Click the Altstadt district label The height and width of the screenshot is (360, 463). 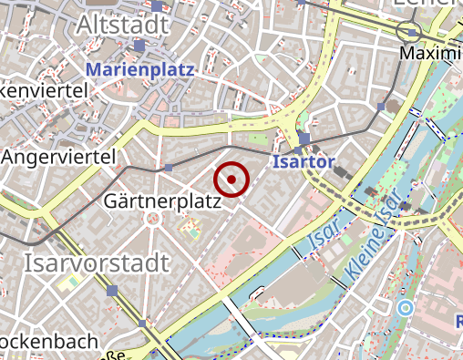(122, 23)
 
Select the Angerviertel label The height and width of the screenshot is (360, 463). (59, 158)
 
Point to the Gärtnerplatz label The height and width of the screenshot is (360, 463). (163, 201)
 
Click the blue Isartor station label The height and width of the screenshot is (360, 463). (304, 164)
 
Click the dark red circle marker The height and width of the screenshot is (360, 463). (231, 180)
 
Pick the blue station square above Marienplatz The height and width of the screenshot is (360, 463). (139, 45)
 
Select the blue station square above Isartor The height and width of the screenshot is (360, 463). (304, 139)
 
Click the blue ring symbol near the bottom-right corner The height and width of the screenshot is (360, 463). (406, 308)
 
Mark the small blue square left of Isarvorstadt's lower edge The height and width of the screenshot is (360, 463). (113, 291)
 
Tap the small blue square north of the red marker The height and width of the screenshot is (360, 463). (170, 168)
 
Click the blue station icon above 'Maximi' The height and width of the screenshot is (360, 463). (413, 33)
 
